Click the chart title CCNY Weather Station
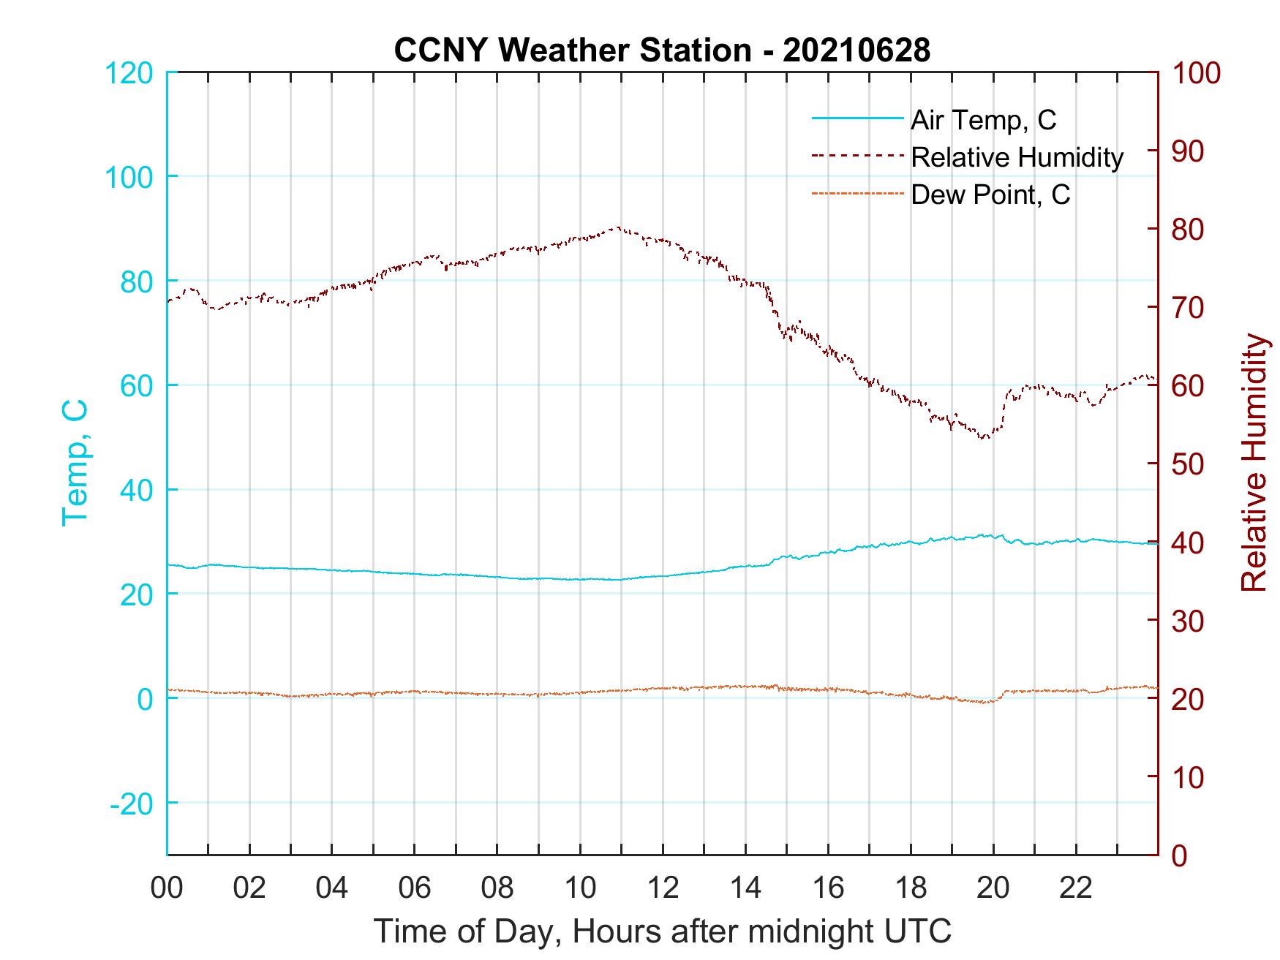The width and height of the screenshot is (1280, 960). pos(662,50)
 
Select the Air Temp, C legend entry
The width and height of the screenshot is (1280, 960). pos(983,120)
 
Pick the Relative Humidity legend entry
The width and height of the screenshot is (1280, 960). pos(1017,157)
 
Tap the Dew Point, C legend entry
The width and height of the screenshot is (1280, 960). pos(990,194)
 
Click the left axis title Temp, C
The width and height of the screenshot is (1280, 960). pos(75,462)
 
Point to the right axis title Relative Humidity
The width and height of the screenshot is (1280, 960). pos(1254,462)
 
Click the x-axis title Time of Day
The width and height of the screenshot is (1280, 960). pos(662,931)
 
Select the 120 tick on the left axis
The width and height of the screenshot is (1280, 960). pos(129,73)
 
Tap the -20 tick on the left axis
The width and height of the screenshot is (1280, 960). pos(131,803)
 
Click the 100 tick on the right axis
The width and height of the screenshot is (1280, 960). pos(1197,73)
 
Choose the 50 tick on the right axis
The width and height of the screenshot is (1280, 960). pos(1189,464)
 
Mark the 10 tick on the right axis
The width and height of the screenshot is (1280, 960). pos(1189,776)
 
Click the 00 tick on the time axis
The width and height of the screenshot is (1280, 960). pos(167,888)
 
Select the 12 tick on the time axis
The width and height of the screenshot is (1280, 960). pos(663,888)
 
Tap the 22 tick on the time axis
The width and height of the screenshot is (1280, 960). pos(1076,888)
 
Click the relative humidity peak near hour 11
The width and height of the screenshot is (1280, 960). pos(619,227)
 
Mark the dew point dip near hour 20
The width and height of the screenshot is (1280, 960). pos(986,703)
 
